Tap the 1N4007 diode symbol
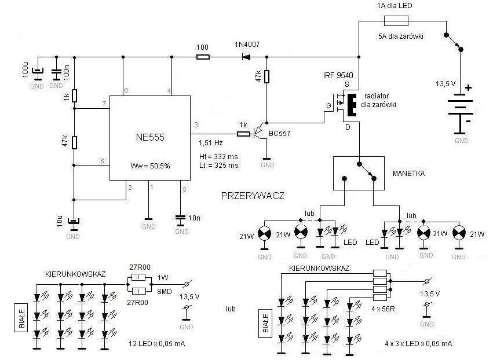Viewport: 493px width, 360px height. tap(246, 57)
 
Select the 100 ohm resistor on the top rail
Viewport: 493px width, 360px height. tap(203, 57)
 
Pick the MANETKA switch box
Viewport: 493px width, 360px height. tap(359, 172)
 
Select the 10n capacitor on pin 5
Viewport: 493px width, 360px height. tap(181, 217)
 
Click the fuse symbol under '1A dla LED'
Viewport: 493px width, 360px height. tap(396, 21)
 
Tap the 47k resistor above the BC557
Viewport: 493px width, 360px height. tap(266, 76)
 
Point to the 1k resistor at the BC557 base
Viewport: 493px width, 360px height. tap(243, 134)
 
